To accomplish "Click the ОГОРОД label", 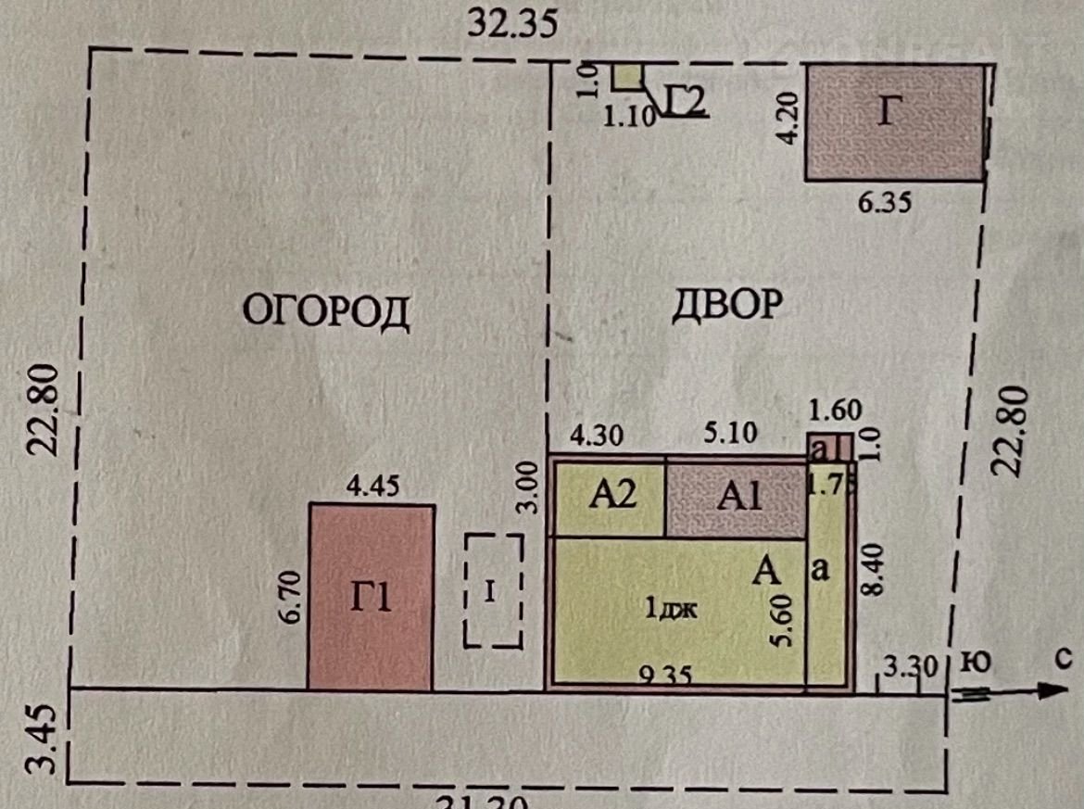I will (x=325, y=311).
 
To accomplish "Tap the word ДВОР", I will (x=725, y=304).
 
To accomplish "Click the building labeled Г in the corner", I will (x=894, y=122).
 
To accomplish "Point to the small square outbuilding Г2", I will (x=627, y=77).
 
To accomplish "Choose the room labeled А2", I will (x=612, y=498).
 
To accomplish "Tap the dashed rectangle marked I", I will (x=493, y=591).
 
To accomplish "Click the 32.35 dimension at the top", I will (x=512, y=22).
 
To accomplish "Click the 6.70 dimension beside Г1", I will (x=290, y=598).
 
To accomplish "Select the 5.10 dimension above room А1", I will (x=729, y=433).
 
